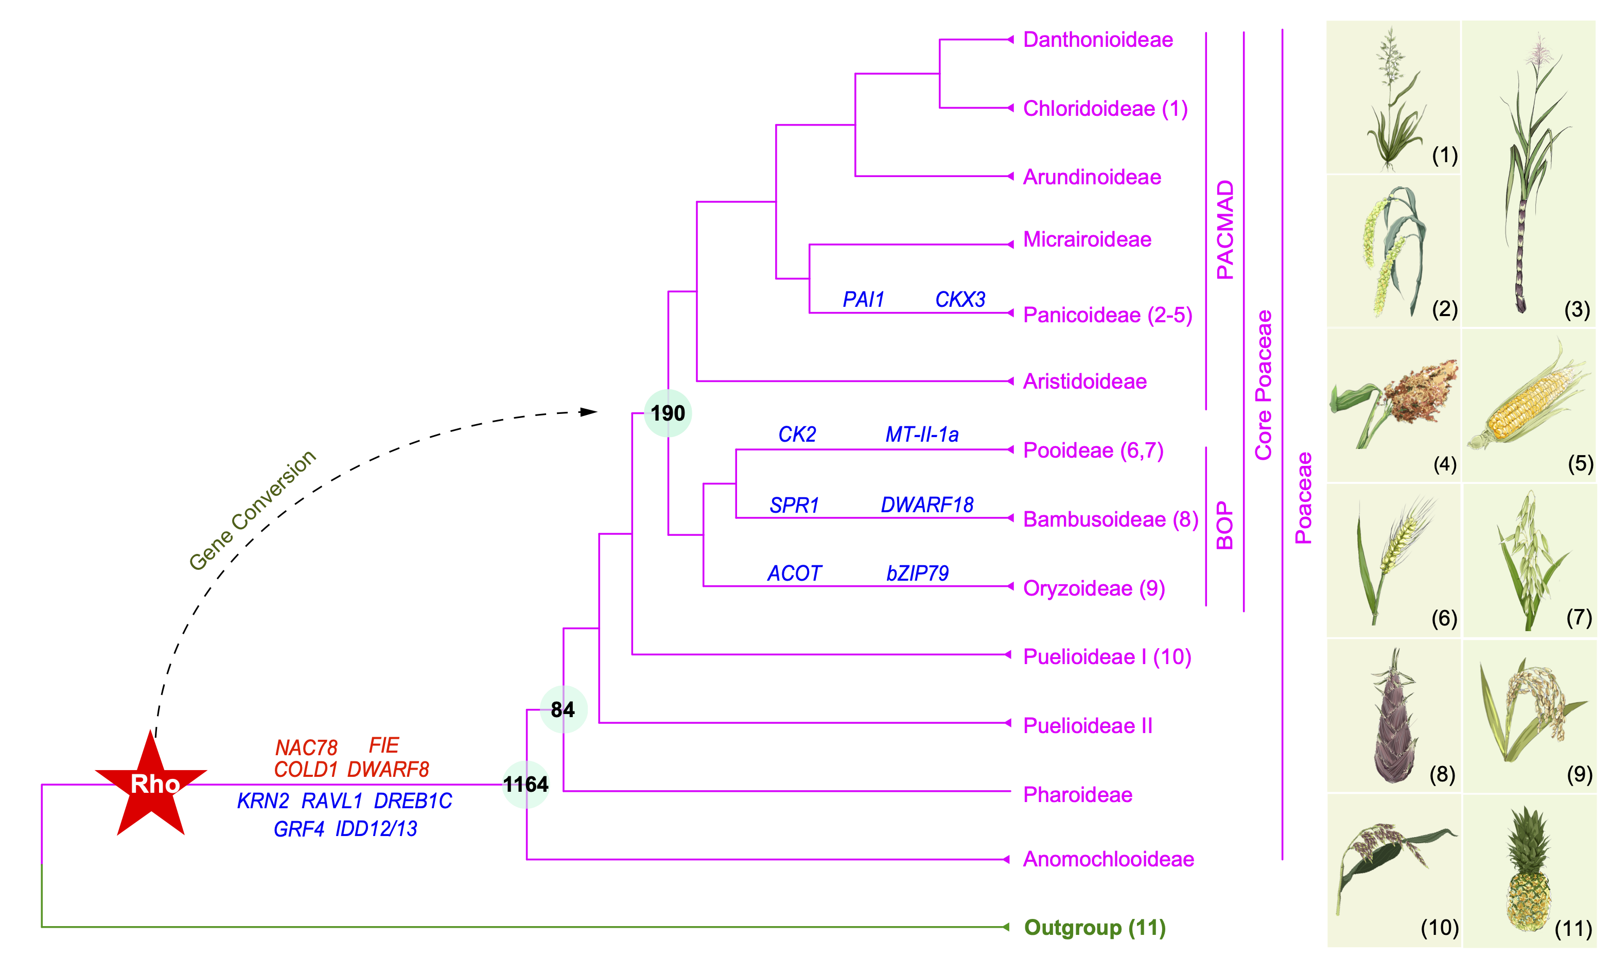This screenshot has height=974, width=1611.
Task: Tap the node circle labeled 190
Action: [668, 413]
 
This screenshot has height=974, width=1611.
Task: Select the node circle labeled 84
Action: [563, 709]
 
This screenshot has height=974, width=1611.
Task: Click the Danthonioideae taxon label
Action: [1097, 40]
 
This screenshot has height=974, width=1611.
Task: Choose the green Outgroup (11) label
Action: [1094, 927]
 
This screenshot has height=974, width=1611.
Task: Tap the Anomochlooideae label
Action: [1108, 859]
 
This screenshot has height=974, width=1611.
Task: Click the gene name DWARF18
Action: [926, 505]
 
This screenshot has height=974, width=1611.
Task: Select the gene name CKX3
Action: [959, 300]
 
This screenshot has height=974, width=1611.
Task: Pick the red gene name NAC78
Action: [306, 747]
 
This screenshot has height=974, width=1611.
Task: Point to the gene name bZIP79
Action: [917, 573]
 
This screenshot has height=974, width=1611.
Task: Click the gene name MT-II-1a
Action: [922, 434]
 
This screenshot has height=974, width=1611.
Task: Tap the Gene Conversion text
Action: [252, 510]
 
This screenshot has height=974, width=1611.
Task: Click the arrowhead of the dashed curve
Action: [589, 412]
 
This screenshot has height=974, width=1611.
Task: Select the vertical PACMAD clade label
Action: [1224, 230]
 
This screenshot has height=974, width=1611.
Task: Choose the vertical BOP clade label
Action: [1224, 525]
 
